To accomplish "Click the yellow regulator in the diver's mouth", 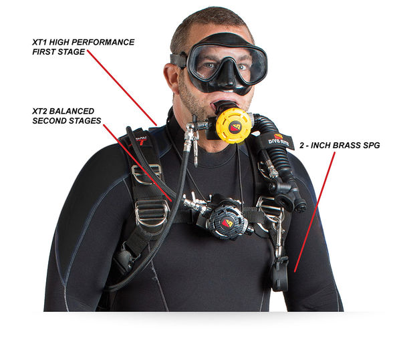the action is (x=233, y=124).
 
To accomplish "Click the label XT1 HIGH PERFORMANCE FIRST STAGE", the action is (x=83, y=47).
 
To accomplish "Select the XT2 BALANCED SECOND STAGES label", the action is (x=66, y=116).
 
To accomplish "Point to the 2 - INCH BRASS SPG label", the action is (x=340, y=146).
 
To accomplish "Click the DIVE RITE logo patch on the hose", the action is (x=279, y=141).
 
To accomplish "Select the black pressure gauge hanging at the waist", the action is (x=279, y=275).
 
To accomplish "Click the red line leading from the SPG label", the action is (x=315, y=212).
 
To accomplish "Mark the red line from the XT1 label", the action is (x=122, y=87).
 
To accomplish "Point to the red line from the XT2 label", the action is (x=138, y=162).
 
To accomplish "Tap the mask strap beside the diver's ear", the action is (x=179, y=61).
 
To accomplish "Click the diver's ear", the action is (x=171, y=77).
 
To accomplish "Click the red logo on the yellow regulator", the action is (x=235, y=126).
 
